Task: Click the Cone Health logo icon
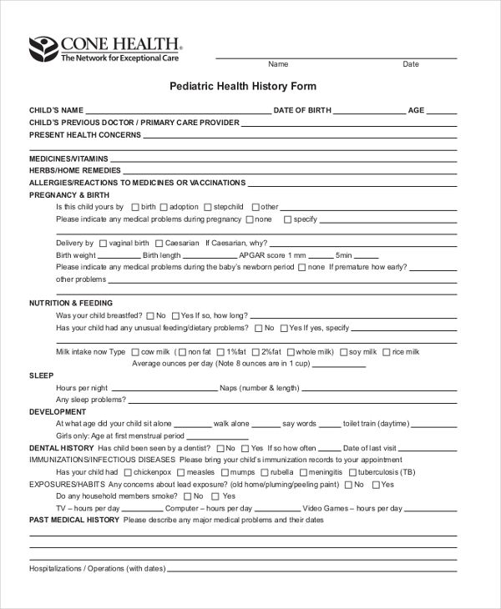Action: (43, 49)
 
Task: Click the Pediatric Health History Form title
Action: (243, 87)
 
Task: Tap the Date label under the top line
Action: (411, 64)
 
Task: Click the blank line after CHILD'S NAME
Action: (178, 112)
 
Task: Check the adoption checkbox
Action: (164, 207)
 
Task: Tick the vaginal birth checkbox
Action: (103, 244)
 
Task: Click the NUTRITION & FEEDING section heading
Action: (71, 303)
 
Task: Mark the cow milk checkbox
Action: (134, 352)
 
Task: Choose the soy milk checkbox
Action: (342, 352)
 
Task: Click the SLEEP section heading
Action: (42, 376)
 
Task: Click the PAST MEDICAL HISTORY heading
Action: (74, 520)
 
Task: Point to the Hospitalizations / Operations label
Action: (97, 569)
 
